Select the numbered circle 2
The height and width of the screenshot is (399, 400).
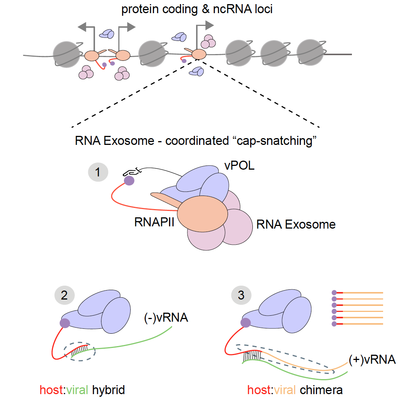tap(64, 295)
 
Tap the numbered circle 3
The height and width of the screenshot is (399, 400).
tap(241, 295)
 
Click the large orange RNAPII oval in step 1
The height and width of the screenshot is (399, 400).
tap(202, 214)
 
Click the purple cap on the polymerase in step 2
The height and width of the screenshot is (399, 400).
tap(65, 323)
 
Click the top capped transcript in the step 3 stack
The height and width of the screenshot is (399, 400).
tap(357, 292)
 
